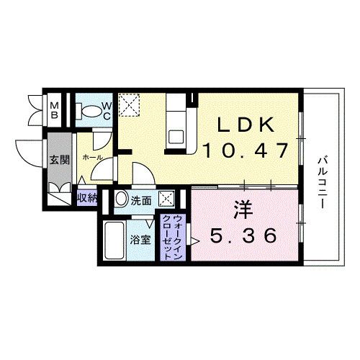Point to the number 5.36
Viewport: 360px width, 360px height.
(x=244, y=235)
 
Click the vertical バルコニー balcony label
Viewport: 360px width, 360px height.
(x=323, y=179)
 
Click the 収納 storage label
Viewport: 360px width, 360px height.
(x=87, y=196)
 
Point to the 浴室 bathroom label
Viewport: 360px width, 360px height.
(x=140, y=240)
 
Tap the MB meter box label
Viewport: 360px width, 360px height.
(x=53, y=112)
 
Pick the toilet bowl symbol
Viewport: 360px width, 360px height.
(x=90, y=112)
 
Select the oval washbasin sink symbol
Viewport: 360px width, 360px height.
(x=121, y=199)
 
